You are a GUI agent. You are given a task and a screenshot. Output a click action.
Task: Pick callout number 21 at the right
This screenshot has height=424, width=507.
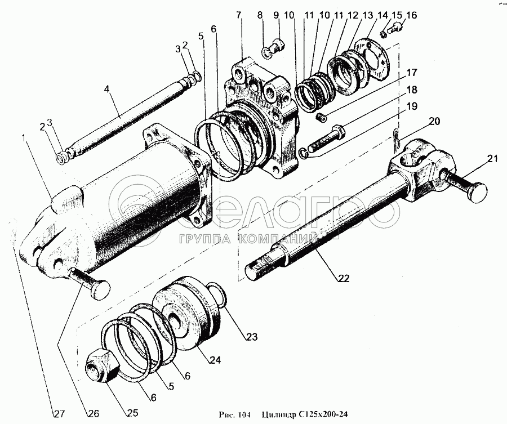tap(493, 159)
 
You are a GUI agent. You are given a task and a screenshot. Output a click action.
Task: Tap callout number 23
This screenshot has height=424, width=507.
tap(251, 337)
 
